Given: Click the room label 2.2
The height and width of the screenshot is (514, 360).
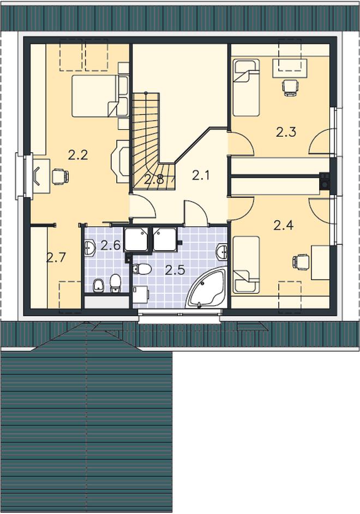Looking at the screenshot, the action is [78, 155].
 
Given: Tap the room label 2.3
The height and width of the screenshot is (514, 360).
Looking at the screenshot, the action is [286, 132].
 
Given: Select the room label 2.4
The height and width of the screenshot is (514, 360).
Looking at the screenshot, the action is [283, 225].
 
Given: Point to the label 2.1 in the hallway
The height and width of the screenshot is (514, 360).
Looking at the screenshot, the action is [201, 176].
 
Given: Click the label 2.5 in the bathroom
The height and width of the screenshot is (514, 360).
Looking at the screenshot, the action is [175, 270].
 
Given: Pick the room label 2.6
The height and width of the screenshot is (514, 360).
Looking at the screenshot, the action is [111, 245].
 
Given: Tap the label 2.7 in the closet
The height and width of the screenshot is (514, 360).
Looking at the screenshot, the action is [56, 258].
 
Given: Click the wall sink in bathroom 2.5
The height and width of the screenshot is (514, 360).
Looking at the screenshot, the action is [222, 252].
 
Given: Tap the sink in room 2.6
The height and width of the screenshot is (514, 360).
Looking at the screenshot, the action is [89, 248].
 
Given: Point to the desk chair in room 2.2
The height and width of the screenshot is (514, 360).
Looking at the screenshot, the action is [60, 176].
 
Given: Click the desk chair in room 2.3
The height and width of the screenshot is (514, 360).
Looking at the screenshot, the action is [291, 88].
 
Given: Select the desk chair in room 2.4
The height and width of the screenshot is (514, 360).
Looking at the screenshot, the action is [301, 262].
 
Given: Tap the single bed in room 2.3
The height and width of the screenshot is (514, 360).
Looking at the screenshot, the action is [246, 87].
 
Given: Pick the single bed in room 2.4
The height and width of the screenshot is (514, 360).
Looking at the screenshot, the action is [246, 264].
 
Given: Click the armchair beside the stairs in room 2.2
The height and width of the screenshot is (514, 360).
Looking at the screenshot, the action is [120, 161].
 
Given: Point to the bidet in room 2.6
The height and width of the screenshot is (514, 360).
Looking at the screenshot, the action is [98, 285].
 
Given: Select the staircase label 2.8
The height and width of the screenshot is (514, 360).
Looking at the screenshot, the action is [154, 179].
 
